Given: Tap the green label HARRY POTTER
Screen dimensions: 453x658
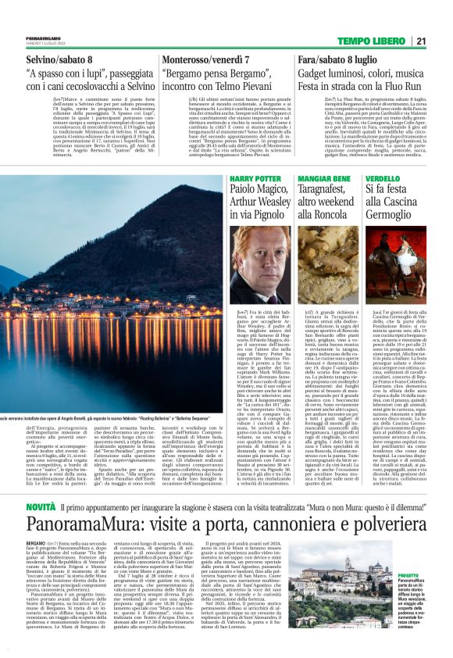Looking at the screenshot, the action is coord(256,179).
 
